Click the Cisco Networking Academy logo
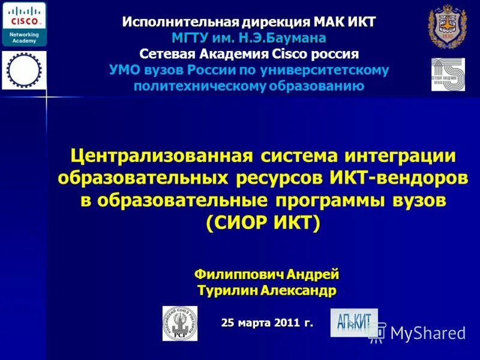click(24, 23)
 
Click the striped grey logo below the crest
click(448, 74)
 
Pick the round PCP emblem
click(179, 323)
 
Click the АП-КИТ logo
click(353, 322)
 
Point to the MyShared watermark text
click(427, 333)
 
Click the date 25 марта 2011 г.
click(267, 322)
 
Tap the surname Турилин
click(228, 290)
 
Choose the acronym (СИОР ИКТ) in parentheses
click(263, 223)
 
